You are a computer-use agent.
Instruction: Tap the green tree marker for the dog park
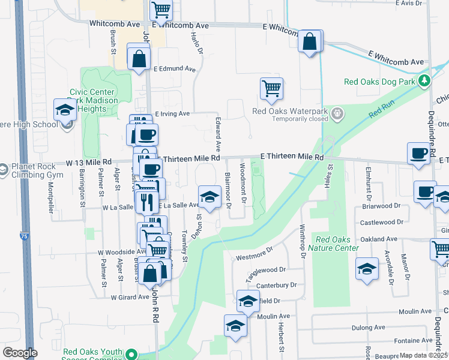[x=426, y=80]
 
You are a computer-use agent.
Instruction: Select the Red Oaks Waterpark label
[x=291, y=111]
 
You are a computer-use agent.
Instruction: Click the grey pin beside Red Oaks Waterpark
[x=338, y=112]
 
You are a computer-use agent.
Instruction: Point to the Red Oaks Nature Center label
[x=333, y=243]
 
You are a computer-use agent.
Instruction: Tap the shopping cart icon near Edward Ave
[x=271, y=88]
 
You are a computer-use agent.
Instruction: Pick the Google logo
[x=20, y=353]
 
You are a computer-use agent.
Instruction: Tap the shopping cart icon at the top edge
[x=161, y=10]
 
